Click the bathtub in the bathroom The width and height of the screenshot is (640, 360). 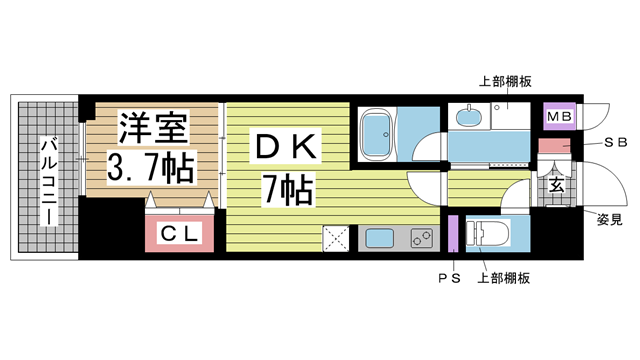[x=376, y=134]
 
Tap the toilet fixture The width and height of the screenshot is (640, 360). [x=487, y=234]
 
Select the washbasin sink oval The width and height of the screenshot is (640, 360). [x=469, y=117]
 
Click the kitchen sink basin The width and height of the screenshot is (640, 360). [x=380, y=238]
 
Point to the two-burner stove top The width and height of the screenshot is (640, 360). [x=421, y=238]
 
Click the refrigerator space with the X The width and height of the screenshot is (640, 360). [x=336, y=238]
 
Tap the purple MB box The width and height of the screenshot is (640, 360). [x=559, y=117]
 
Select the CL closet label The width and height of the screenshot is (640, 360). [x=179, y=233]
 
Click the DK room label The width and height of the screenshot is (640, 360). [x=285, y=147]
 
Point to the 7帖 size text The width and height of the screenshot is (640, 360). [x=289, y=189]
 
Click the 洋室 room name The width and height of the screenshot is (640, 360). [x=153, y=127]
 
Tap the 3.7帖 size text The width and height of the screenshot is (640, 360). [x=150, y=167]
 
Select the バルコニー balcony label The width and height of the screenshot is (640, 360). [x=49, y=182]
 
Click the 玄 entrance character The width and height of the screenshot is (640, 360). [x=556, y=185]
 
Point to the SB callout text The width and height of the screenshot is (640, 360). [x=615, y=142]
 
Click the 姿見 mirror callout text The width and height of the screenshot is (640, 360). [x=609, y=220]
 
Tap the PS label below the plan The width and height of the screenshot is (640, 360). [x=449, y=278]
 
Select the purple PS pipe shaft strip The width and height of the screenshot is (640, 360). [x=453, y=233]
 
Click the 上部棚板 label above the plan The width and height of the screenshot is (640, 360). [x=505, y=82]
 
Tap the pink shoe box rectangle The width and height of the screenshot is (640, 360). [x=554, y=146]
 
